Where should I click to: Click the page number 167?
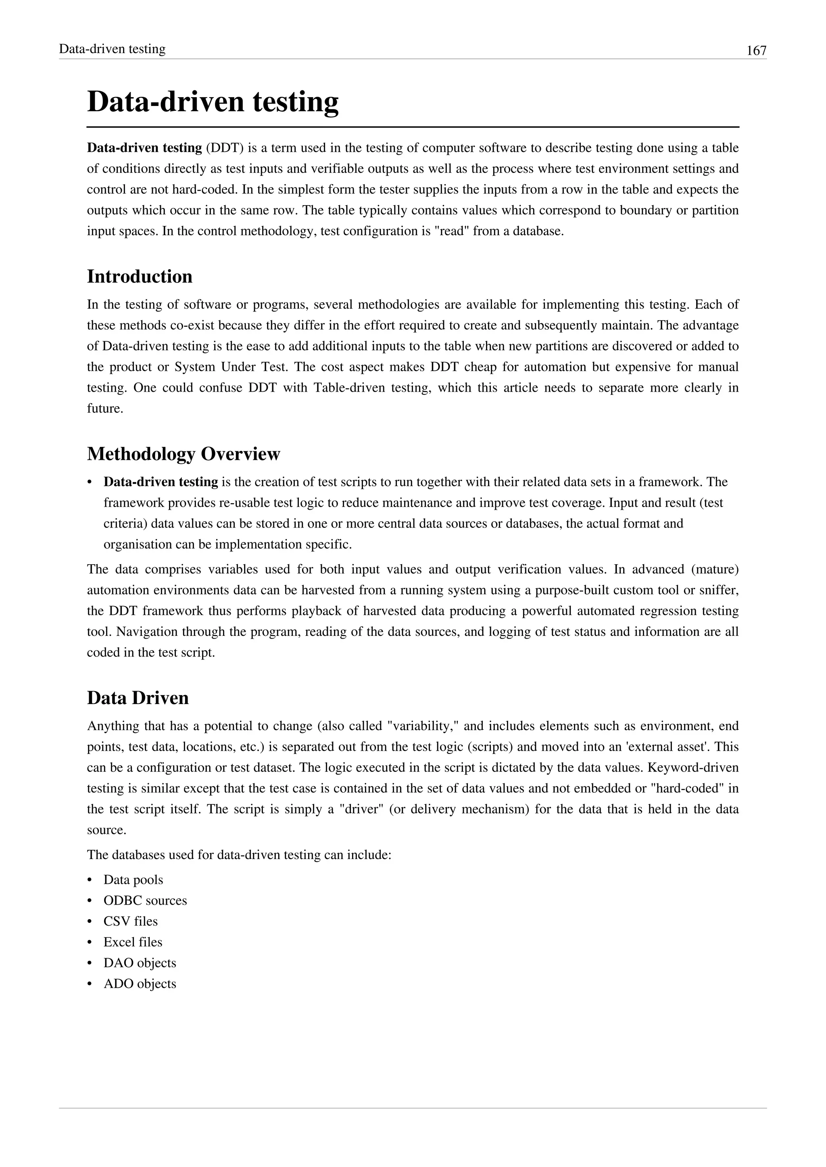point(756,51)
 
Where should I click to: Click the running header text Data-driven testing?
point(113,49)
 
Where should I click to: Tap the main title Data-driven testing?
point(213,102)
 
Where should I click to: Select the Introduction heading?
point(140,276)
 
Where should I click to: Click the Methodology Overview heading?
point(183,454)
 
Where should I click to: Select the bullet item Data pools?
point(133,880)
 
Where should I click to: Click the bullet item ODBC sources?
point(145,901)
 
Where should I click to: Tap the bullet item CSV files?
point(131,922)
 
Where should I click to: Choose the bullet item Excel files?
point(133,942)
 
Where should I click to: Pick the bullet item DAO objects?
point(140,963)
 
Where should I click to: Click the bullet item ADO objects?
point(140,984)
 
